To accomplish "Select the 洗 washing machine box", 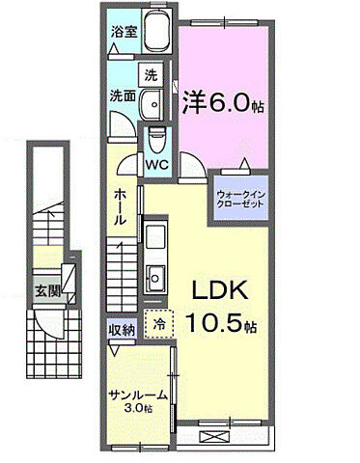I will [x=152, y=73].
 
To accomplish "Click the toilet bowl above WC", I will [x=156, y=140].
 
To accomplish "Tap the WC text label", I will [x=156, y=163].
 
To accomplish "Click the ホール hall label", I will [x=120, y=206].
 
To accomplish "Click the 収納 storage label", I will [x=122, y=328].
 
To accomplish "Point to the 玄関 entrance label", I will [x=48, y=289].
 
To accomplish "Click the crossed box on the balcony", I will [x=214, y=435].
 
